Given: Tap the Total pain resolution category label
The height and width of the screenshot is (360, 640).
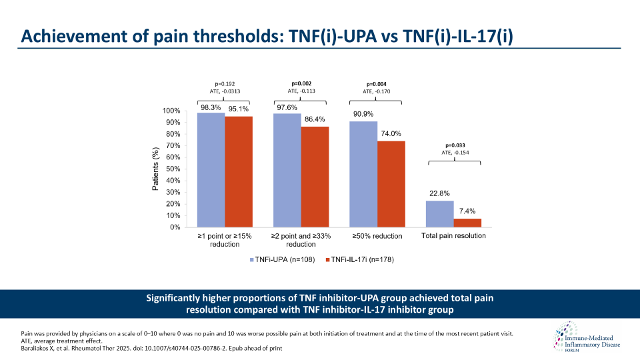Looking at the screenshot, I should (453, 236).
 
